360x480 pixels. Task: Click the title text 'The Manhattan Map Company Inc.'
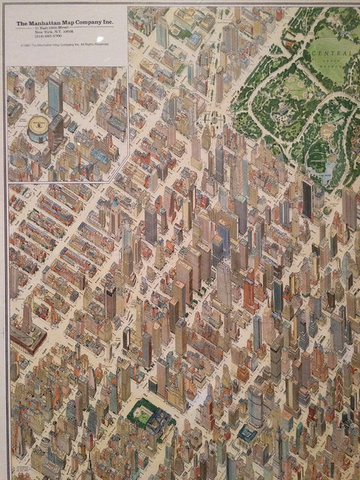64,24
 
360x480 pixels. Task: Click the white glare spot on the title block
100,40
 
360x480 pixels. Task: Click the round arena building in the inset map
37,129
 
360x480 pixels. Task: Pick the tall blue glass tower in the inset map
54,95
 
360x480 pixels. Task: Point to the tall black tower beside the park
307,198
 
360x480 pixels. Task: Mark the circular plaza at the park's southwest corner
212,118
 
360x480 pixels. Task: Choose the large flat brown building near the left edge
27,339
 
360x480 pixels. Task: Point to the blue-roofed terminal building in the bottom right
247,433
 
